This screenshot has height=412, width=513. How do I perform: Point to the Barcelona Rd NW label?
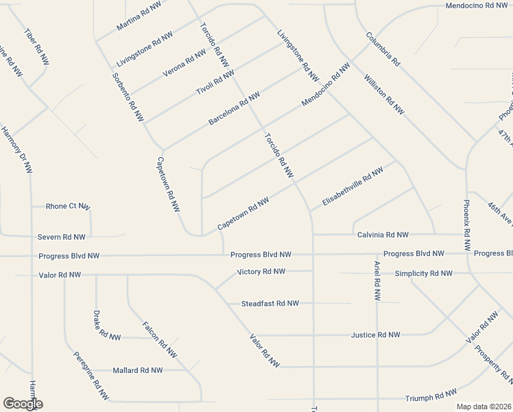coord(234,108)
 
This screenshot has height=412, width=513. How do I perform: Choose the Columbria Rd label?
coord(383,49)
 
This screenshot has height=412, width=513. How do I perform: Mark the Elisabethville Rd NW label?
coord(352,189)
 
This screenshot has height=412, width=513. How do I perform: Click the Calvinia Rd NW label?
coord(383,235)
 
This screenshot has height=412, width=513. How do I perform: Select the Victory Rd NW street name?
coord(261,272)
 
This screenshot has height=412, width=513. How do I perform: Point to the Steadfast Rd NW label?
coord(270,304)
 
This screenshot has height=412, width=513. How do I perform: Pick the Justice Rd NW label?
coord(375,335)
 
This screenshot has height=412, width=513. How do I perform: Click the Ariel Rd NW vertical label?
coord(377,281)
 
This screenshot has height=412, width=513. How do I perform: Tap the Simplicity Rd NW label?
coord(424,273)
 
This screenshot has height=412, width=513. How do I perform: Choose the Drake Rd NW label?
coord(106,325)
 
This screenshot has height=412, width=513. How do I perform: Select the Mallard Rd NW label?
coord(138,370)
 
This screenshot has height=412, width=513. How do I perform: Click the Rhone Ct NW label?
coord(67,206)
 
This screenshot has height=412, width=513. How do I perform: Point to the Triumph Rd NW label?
coord(431,396)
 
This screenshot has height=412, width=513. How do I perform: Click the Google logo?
coord(23,404)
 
